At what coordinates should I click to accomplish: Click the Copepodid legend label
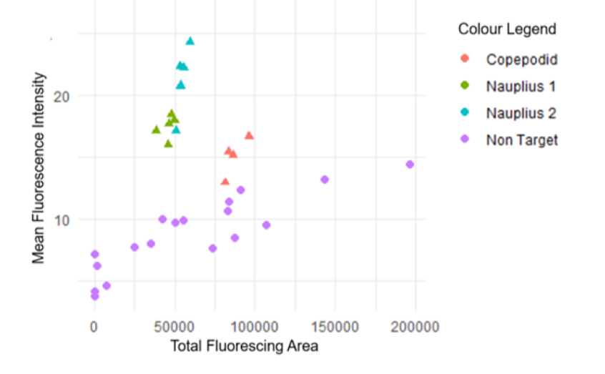521,59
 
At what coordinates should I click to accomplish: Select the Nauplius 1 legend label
521,87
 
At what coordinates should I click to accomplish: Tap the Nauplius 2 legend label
521,113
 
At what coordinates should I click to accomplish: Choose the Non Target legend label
521,140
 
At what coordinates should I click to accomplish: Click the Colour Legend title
507,29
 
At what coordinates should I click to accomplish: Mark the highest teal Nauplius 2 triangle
190,41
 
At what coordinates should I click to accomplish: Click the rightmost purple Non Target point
410,164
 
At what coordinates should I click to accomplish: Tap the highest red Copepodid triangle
249,135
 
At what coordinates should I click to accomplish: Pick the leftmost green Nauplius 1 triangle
156,129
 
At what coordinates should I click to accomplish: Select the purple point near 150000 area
324,179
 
